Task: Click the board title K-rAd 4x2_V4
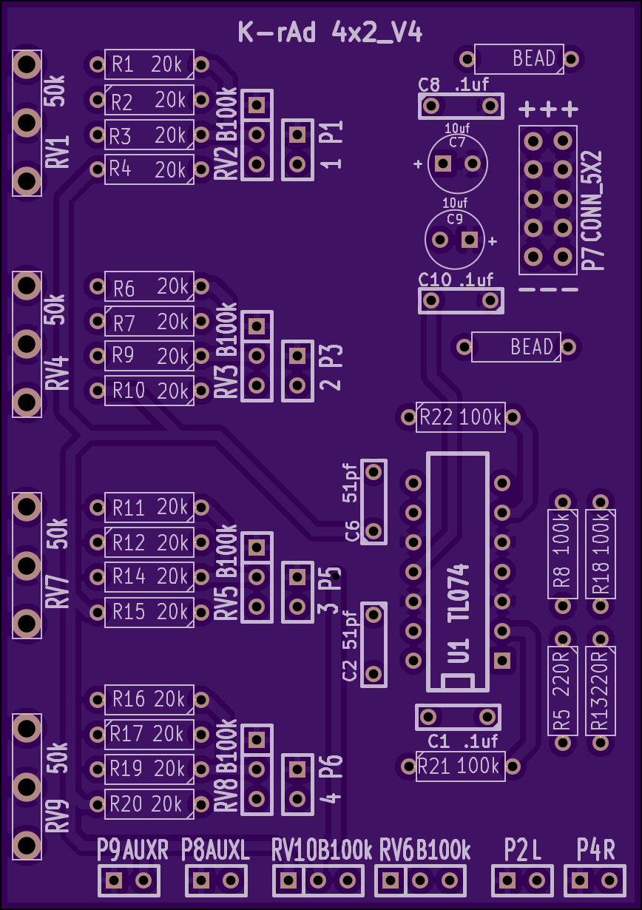[x=330, y=33]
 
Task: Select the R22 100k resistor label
[x=461, y=417]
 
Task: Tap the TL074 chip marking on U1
[x=459, y=593]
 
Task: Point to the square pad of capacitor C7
[x=442, y=164]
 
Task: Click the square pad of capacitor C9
[x=470, y=240]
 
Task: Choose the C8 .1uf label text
[x=453, y=84]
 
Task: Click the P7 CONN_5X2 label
[x=592, y=210]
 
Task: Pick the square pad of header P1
[x=297, y=135]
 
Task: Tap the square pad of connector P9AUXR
[x=114, y=880]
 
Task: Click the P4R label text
[x=595, y=849]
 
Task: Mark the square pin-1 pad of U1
[x=502, y=660]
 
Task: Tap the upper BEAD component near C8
[x=519, y=59]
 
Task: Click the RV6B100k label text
[x=425, y=849]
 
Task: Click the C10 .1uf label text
[x=456, y=280]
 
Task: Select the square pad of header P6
[x=297, y=769]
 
